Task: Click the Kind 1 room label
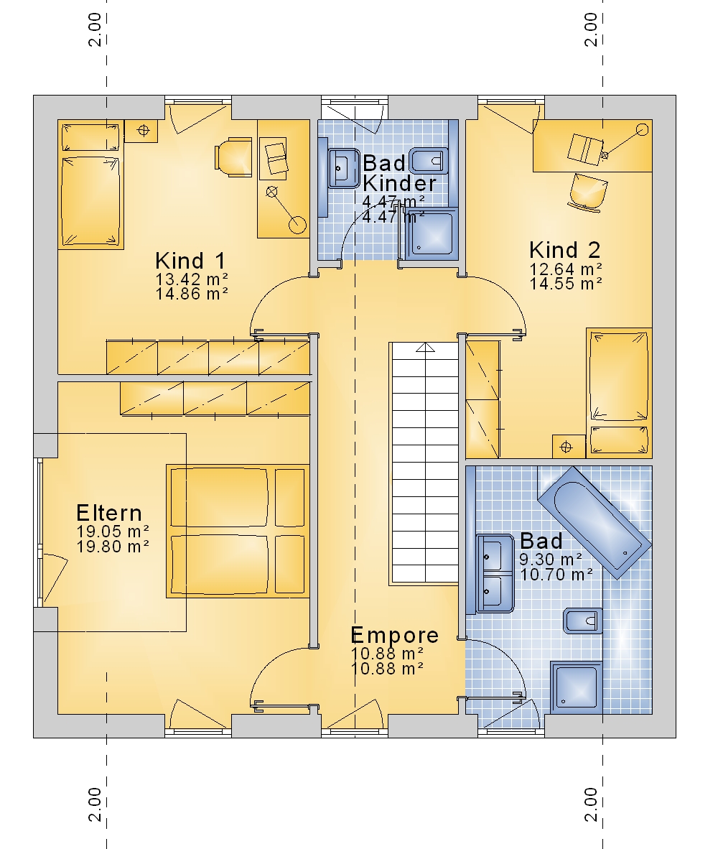pyautogui.click(x=190, y=261)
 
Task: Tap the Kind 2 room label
pyautogui.click(x=565, y=250)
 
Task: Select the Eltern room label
pyautogui.click(x=108, y=513)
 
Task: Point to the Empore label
pyautogui.click(x=394, y=634)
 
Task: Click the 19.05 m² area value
pyautogui.click(x=113, y=532)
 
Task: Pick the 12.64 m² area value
pyautogui.click(x=565, y=269)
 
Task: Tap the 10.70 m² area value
pyautogui.click(x=556, y=574)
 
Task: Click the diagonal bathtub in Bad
pyautogui.click(x=594, y=522)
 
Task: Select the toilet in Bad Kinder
pyautogui.click(x=429, y=161)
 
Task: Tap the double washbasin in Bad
pyautogui.click(x=495, y=573)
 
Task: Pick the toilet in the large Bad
pyautogui.click(x=583, y=621)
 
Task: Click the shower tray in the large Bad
pyautogui.click(x=577, y=687)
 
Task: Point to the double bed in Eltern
pyautogui.click(x=238, y=532)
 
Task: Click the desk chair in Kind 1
pyautogui.click(x=234, y=157)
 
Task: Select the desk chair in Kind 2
pyautogui.click(x=587, y=192)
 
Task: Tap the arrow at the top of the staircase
pyautogui.click(x=425, y=347)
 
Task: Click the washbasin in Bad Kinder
pyautogui.click(x=344, y=168)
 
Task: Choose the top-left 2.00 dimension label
pyautogui.click(x=95, y=29)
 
